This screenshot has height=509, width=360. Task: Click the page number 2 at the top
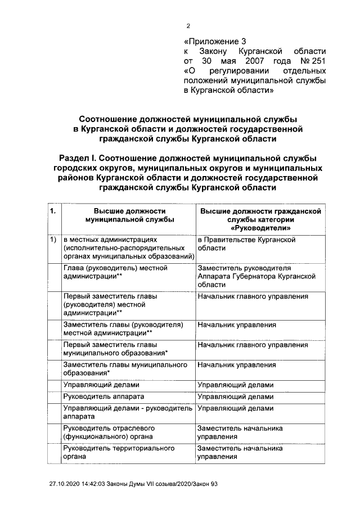tap(189, 25)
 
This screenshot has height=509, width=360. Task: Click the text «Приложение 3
tap(215, 41)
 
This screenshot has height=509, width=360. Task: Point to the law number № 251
tap(313, 61)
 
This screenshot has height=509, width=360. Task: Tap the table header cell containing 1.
tap(53, 211)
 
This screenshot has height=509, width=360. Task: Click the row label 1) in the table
tap(53, 240)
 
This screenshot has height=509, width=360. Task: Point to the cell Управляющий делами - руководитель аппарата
tap(126, 413)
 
